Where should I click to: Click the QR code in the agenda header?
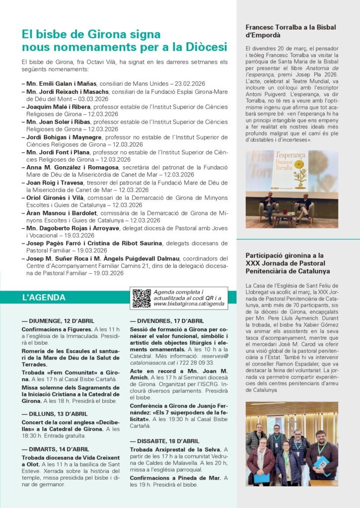click(142, 298)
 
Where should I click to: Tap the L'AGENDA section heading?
click(44, 298)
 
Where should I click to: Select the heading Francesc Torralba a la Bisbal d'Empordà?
click(290, 31)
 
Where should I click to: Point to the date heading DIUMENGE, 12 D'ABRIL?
click(58, 321)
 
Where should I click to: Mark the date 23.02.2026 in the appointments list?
click(188, 83)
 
